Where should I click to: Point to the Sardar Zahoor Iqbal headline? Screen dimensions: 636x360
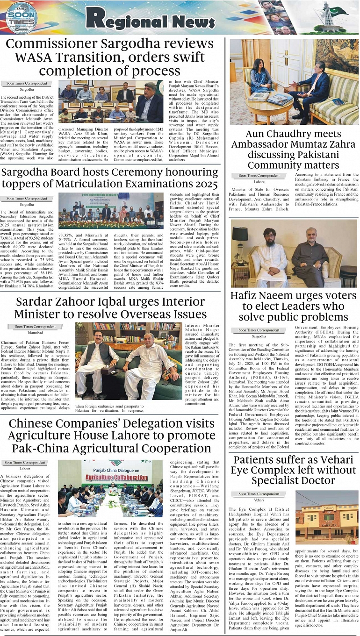click(111, 307)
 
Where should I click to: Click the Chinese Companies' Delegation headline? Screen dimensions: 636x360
click(110, 436)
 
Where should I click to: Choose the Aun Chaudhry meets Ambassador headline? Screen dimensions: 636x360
click(294, 150)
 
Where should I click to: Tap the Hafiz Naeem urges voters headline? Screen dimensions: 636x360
click(294, 306)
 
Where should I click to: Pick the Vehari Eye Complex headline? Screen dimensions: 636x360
click(294, 470)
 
